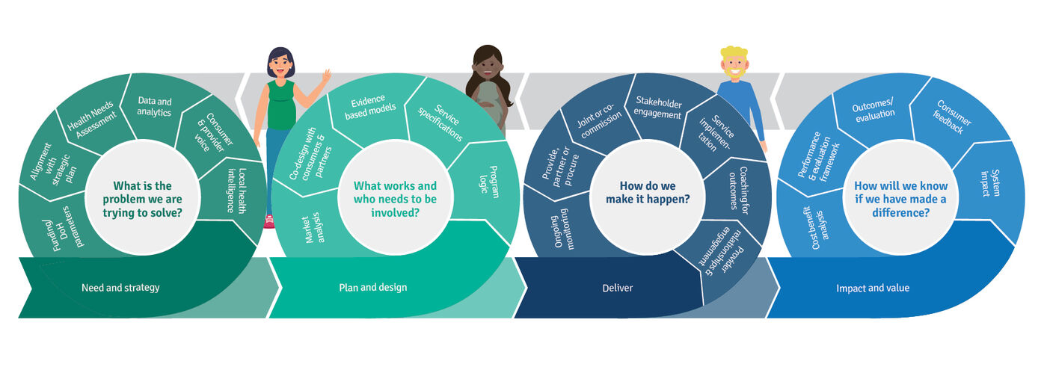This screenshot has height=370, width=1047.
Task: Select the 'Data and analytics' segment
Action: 154,107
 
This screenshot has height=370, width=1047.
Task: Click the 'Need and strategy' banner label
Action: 120,288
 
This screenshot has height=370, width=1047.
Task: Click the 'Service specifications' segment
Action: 438,119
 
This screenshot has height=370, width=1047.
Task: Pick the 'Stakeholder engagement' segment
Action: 657,107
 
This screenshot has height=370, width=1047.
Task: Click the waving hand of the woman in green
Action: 325,77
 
